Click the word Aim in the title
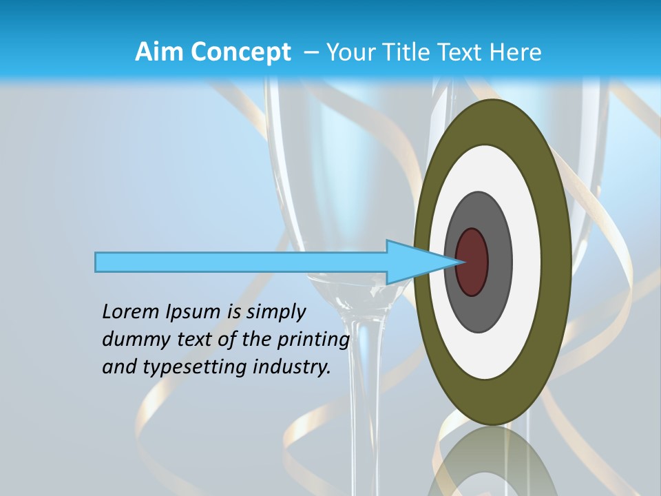tap(159, 52)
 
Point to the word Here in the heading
tap(515, 52)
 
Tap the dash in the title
tap(311, 52)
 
